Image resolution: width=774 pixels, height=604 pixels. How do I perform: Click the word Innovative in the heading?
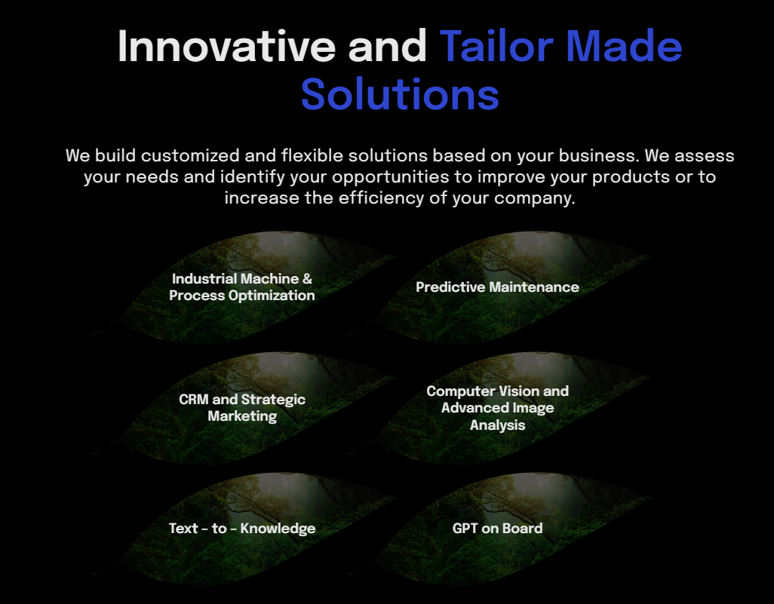227,46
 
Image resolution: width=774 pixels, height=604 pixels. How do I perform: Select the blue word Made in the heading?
624,46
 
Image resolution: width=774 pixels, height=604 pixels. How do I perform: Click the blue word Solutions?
400,94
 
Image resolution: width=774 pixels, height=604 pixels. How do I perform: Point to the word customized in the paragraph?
190,155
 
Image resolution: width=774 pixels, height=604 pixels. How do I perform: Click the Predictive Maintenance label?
497,287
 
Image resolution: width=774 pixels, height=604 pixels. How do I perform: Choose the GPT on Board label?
497,529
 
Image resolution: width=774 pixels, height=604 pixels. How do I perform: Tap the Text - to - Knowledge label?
242,529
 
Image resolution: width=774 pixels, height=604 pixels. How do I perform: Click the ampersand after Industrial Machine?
308,279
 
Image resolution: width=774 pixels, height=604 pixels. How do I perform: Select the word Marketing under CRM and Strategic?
242,416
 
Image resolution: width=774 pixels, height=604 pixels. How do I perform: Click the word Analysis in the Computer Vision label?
497,425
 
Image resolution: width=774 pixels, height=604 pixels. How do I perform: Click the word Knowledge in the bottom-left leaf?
278,529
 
